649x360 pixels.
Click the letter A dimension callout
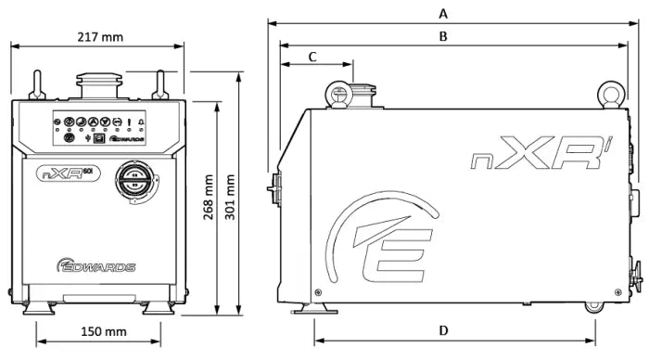(x=443, y=13)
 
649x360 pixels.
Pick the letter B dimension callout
(x=443, y=36)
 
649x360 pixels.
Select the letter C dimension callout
(x=312, y=57)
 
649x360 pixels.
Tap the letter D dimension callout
(x=443, y=330)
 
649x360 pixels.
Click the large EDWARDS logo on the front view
(x=96, y=266)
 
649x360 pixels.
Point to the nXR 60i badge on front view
(x=69, y=172)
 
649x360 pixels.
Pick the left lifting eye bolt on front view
(x=36, y=85)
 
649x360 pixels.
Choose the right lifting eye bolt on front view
(x=159, y=85)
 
